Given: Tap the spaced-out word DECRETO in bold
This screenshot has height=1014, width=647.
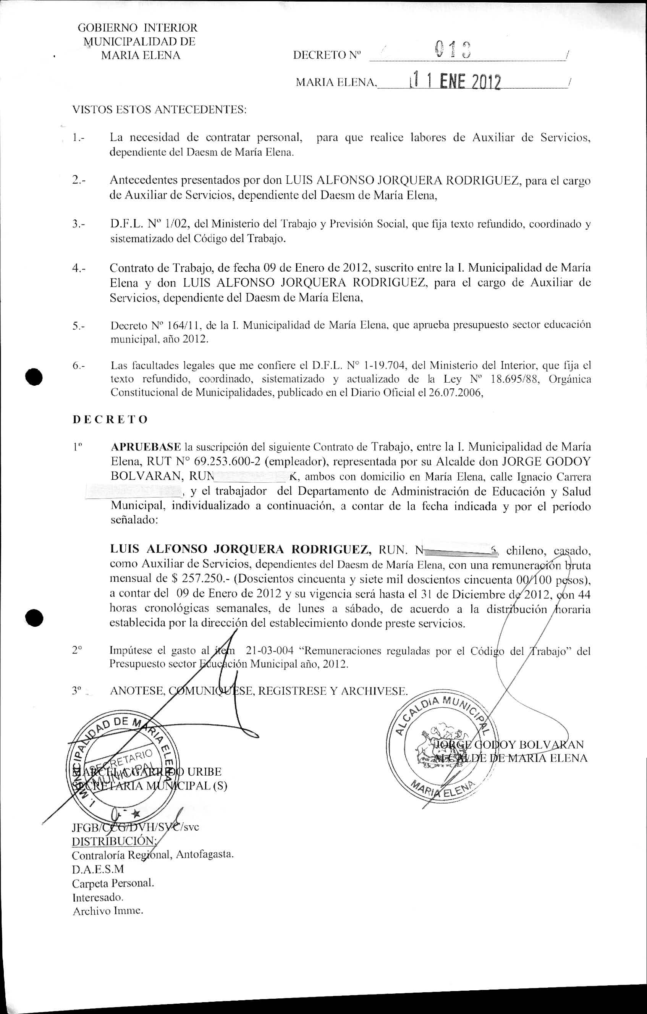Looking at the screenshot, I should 110,420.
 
